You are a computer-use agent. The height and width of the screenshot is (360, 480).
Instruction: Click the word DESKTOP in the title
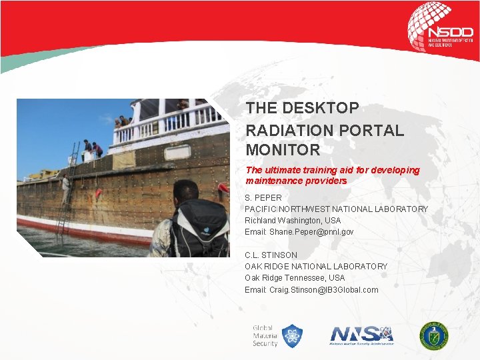pos(324,108)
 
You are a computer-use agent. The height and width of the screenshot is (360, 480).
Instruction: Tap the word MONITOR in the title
pos(283,150)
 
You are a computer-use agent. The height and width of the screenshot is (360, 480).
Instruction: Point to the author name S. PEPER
pos(263,198)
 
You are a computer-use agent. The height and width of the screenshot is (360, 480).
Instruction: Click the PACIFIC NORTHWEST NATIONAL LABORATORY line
pos(336,209)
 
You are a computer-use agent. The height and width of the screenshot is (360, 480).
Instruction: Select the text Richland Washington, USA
pos(293,221)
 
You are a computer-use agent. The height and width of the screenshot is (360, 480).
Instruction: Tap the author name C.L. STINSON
pos(271,255)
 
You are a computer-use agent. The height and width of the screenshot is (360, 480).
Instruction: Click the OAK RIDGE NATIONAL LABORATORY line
pos(316,267)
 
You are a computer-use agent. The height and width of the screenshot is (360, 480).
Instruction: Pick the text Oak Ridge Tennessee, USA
pos(295,278)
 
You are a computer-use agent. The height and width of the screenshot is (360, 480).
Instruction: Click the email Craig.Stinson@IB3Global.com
pos(311,290)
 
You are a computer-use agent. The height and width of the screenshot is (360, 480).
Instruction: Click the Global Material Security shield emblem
pos(291,335)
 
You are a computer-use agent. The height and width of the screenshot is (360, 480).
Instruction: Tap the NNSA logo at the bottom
pos(362,335)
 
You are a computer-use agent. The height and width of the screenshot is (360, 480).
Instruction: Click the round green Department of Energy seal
pos(433,335)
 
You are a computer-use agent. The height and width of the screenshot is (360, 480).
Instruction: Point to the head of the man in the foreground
pos(185,193)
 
